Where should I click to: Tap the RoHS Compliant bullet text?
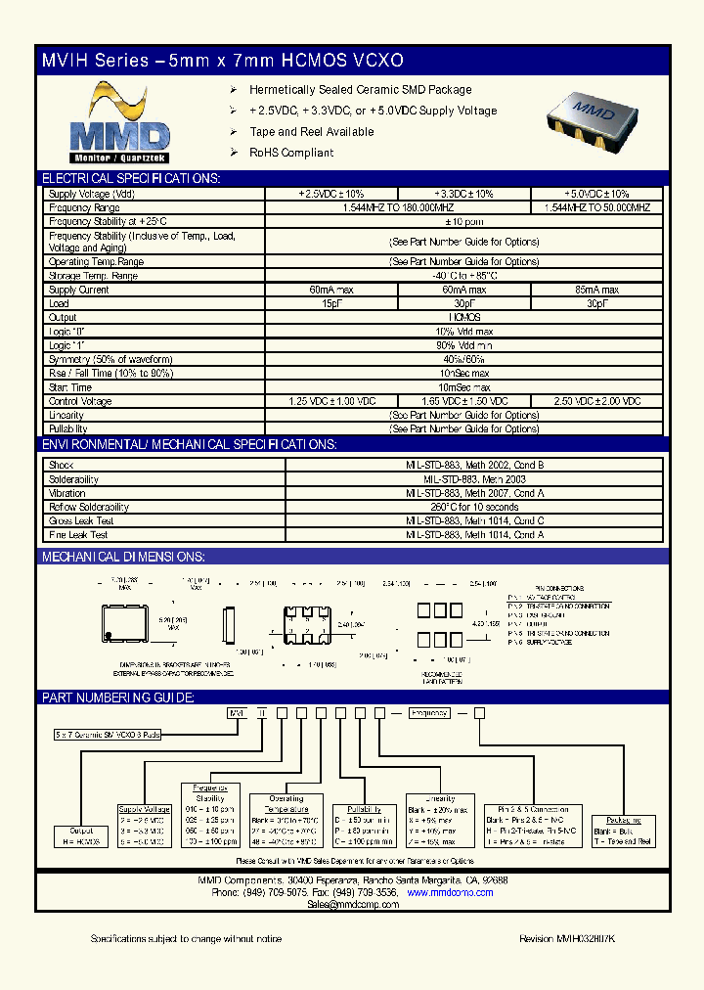point(291,153)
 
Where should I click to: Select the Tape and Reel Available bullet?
point(312,132)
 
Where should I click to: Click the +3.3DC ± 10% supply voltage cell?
point(463,195)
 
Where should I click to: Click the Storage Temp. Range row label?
point(94,276)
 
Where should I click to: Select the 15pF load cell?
point(331,304)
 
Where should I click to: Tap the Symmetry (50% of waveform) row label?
point(110,360)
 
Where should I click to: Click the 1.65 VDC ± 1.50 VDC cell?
point(463,402)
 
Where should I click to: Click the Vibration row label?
point(67,494)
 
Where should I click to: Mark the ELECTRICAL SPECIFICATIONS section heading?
point(130,178)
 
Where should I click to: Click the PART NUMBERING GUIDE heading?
point(117,697)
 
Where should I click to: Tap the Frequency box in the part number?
point(429,713)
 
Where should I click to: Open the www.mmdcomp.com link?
point(444,893)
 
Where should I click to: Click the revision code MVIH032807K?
point(567,939)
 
